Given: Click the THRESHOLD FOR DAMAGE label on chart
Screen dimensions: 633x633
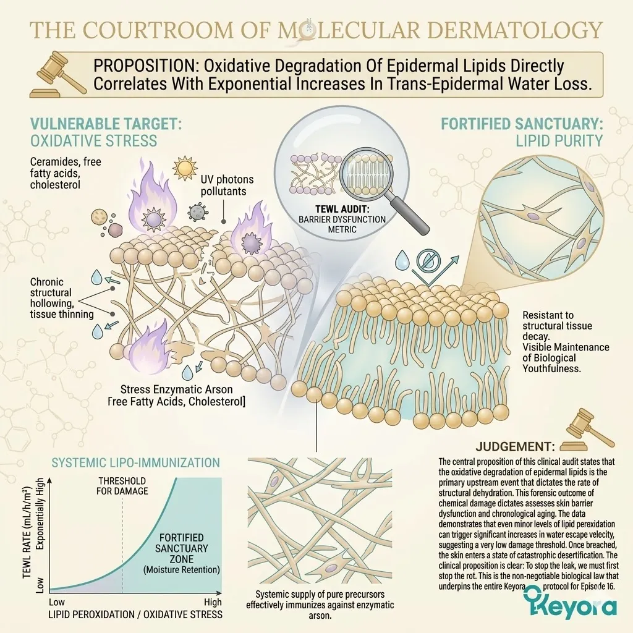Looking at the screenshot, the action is [x=122, y=486].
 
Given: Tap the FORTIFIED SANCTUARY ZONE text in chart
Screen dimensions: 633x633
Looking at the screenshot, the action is [x=181, y=548].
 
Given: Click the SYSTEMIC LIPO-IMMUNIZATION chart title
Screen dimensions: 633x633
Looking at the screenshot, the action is [x=135, y=462].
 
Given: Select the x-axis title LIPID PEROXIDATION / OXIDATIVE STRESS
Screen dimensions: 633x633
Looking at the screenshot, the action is [x=135, y=614].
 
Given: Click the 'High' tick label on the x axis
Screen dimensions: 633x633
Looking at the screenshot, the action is [x=213, y=603].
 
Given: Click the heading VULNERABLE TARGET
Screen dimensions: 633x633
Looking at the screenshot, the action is [x=106, y=124].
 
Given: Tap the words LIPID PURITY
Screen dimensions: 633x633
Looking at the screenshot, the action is [x=559, y=140].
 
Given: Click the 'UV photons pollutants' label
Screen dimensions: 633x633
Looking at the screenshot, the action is [x=227, y=185].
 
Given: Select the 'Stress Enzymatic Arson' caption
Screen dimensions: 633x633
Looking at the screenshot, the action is [x=176, y=389].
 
